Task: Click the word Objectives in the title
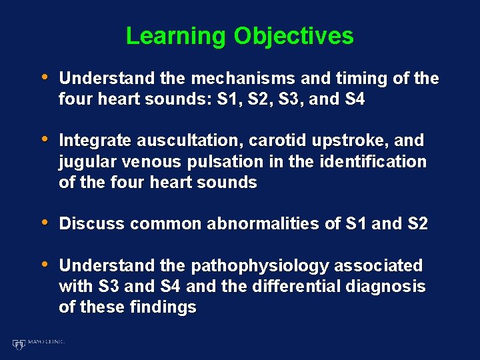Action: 293,36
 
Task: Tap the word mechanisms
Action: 244,79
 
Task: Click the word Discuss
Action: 92,224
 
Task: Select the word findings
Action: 164,307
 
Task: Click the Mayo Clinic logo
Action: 38,343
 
